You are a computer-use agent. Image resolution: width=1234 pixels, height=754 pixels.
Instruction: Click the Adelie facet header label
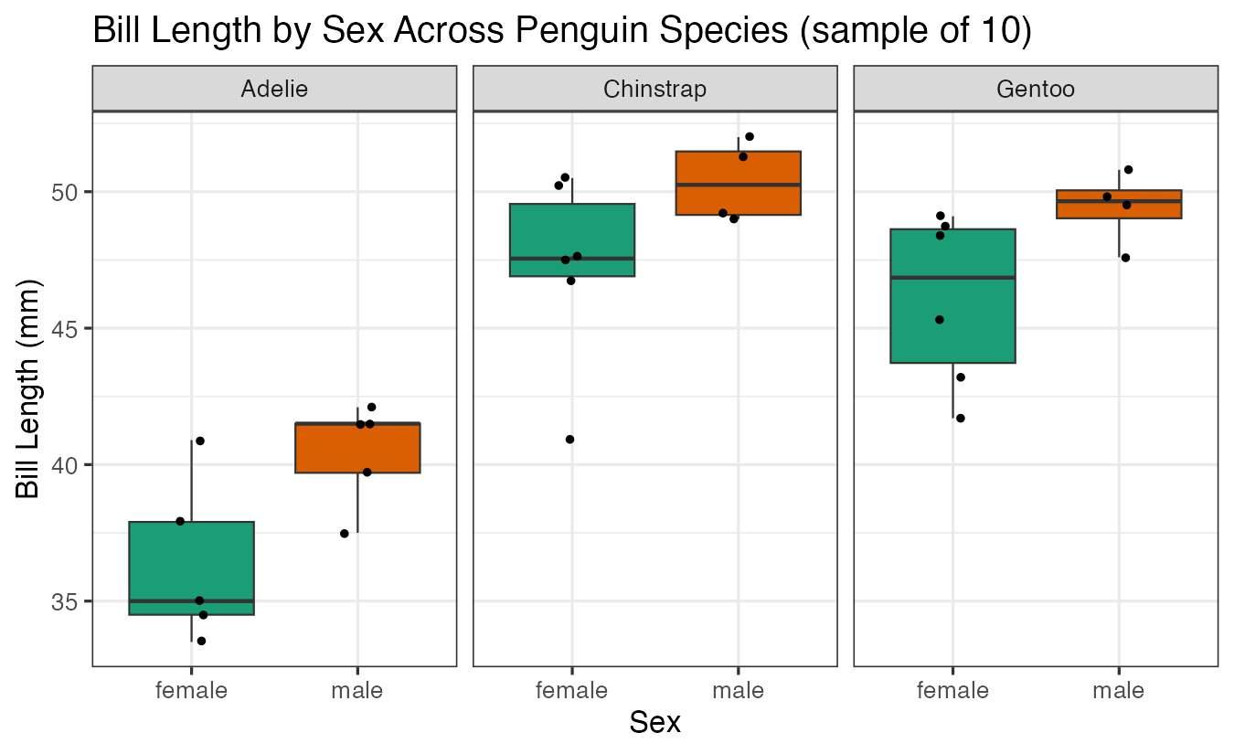click(274, 89)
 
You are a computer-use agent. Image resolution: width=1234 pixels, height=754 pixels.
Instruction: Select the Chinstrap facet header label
click(654, 89)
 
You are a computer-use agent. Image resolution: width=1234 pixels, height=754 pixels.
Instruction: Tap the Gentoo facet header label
click(1036, 89)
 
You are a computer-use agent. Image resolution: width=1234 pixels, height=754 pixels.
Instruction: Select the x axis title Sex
click(654, 723)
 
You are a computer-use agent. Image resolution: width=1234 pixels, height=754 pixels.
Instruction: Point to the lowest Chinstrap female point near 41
click(569, 440)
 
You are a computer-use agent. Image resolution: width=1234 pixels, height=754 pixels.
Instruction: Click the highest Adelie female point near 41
click(200, 441)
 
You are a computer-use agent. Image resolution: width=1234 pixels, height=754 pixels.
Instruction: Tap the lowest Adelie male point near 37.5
click(345, 534)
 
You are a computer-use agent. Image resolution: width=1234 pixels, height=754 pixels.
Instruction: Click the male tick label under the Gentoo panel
click(1119, 691)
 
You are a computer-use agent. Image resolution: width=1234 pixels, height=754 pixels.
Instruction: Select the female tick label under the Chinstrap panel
click(572, 691)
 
